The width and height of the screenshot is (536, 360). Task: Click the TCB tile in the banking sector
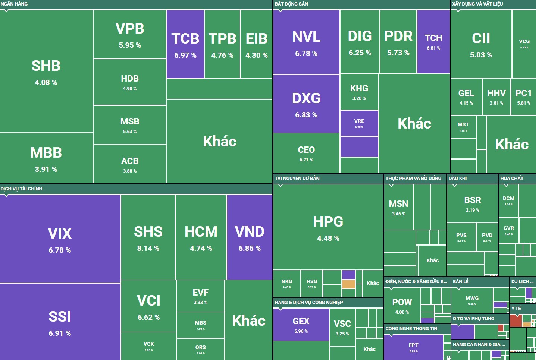(x=185, y=44)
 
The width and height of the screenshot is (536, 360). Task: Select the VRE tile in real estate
(x=359, y=123)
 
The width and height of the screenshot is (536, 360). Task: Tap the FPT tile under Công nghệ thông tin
(x=414, y=347)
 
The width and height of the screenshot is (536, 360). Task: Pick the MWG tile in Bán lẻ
(x=472, y=300)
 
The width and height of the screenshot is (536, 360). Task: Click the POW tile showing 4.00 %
(x=402, y=306)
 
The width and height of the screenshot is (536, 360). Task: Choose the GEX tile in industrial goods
(x=301, y=324)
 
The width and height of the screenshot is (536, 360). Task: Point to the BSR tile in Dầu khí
(x=473, y=203)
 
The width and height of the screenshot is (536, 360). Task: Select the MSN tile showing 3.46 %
(x=398, y=207)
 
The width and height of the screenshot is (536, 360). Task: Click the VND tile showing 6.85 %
(x=250, y=237)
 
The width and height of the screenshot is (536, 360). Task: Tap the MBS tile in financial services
(x=200, y=325)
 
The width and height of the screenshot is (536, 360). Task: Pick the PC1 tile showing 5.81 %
(x=523, y=97)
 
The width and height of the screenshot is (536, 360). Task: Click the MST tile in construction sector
(x=463, y=127)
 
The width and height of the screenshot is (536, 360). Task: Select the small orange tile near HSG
(x=348, y=284)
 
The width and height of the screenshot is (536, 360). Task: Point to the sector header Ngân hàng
(x=14, y=4)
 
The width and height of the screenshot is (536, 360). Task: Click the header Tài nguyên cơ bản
(x=297, y=178)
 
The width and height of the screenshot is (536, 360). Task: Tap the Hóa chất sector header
(x=512, y=178)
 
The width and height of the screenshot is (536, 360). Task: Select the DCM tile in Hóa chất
(x=508, y=200)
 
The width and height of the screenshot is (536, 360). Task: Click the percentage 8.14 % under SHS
(x=148, y=248)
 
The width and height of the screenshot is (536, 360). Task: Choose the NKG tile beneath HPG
(x=286, y=283)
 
